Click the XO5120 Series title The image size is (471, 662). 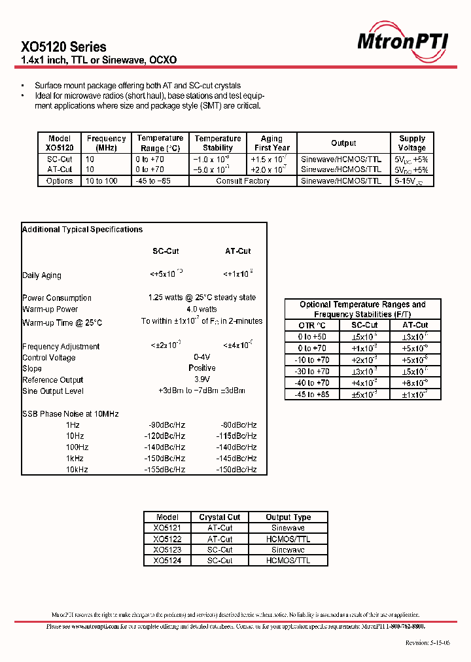click(x=63, y=47)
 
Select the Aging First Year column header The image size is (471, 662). click(x=271, y=143)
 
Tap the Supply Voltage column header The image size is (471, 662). click(x=412, y=143)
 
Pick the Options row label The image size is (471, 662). click(x=60, y=181)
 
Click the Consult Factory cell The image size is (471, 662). click(x=243, y=181)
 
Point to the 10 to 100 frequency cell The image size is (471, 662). click(x=101, y=181)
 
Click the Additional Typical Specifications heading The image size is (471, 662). click(x=82, y=230)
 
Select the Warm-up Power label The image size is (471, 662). click(x=50, y=309)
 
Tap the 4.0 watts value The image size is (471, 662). click(x=201, y=309)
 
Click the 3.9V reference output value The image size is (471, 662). click(x=201, y=379)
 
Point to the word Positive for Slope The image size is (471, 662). click(x=201, y=368)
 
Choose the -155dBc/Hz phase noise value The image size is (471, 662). click(x=164, y=470)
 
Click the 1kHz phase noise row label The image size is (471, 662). click(x=73, y=459)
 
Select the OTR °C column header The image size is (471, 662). click(x=312, y=325)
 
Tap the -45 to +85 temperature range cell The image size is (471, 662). click(x=312, y=394)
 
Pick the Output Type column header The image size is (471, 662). click(x=288, y=517)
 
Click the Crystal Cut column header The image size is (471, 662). click(x=220, y=517)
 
